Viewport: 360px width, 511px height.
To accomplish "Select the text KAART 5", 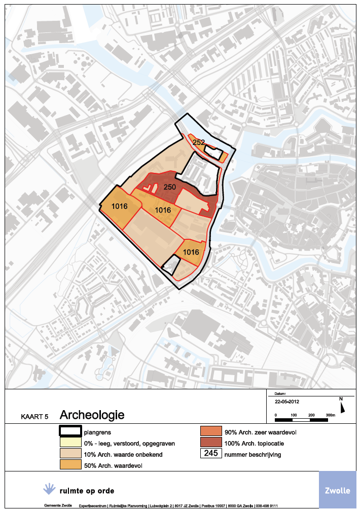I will pyautogui.click(x=34, y=417).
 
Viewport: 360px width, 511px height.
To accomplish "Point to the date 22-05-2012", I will pyautogui.click(x=286, y=400).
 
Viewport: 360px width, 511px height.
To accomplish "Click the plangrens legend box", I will pyautogui.click(x=70, y=432).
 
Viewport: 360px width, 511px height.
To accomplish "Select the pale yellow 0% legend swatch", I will pyautogui.click(x=70, y=443).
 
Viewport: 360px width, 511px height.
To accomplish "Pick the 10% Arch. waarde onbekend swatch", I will pyautogui.click(x=70, y=454).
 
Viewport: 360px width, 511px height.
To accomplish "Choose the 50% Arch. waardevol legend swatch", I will pyautogui.click(x=70, y=465).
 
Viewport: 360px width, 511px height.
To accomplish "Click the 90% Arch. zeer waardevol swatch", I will pyautogui.click(x=210, y=432).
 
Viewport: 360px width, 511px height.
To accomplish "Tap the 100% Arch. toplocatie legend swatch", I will pyautogui.click(x=210, y=443).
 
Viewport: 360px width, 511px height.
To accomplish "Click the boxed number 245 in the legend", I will pyautogui.click(x=210, y=454).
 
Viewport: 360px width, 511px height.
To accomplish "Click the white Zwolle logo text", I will pyautogui.click(x=337, y=491).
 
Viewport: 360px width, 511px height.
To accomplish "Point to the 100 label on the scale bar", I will pyautogui.click(x=293, y=415).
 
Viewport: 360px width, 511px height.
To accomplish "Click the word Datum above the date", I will pyautogui.click(x=280, y=393).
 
